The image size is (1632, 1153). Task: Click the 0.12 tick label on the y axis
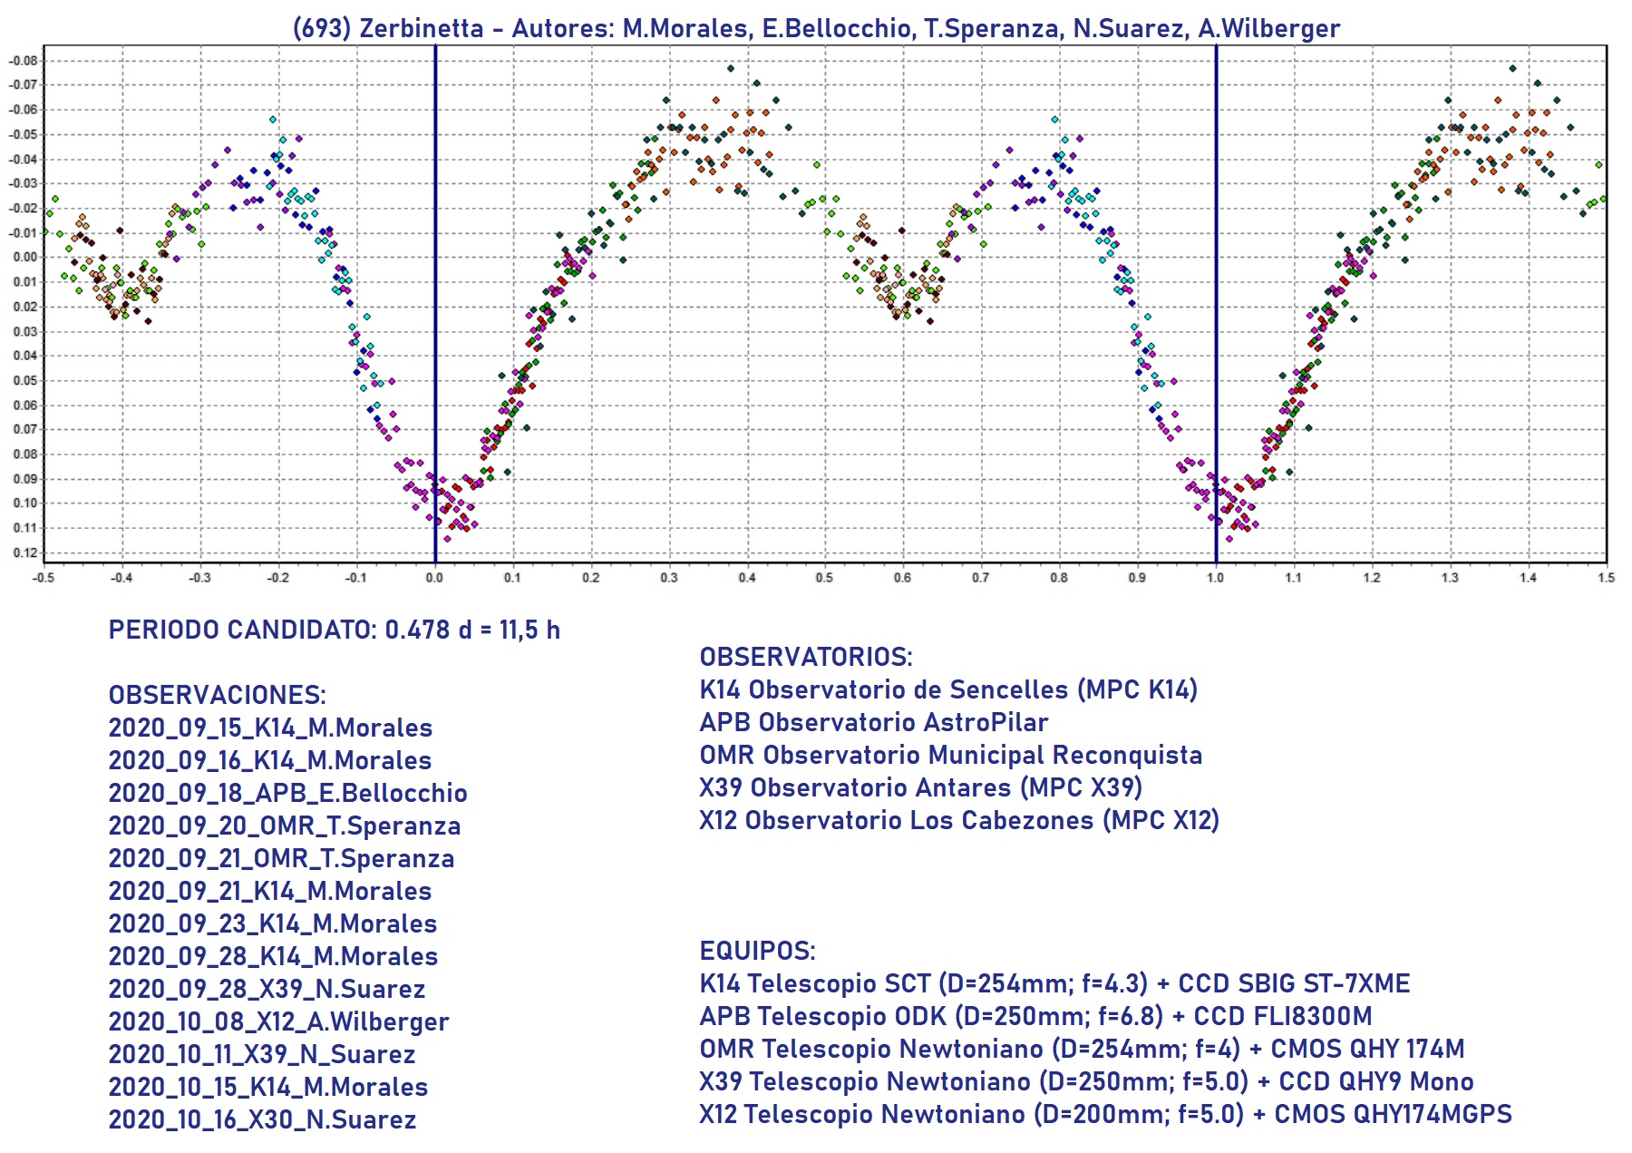(x=24, y=552)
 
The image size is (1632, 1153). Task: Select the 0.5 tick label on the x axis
(x=824, y=578)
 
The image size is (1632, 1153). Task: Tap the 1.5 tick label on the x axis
(x=1606, y=578)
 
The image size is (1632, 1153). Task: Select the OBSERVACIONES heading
(x=217, y=695)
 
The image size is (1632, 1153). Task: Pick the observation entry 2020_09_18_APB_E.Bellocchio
(x=287, y=793)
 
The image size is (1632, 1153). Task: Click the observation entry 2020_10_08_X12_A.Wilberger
(x=278, y=1021)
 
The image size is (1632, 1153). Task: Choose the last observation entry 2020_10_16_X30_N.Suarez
(x=262, y=1119)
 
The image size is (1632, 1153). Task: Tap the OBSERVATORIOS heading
(x=806, y=657)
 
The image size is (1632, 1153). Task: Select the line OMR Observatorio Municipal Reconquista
(x=950, y=755)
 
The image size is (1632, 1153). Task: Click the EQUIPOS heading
(x=757, y=951)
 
